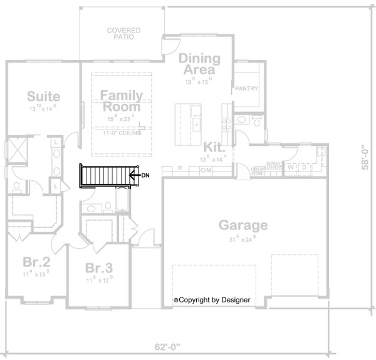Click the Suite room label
point(43,96)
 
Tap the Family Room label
point(122,101)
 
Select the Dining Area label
point(200,64)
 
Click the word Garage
point(243,225)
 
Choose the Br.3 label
point(100,268)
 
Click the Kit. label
point(214,147)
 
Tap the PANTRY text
point(246,90)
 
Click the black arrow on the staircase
point(132,175)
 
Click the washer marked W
point(291,168)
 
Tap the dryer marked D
point(305,168)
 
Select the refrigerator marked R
point(179,168)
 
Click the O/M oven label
point(206,168)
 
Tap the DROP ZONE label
point(258,170)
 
